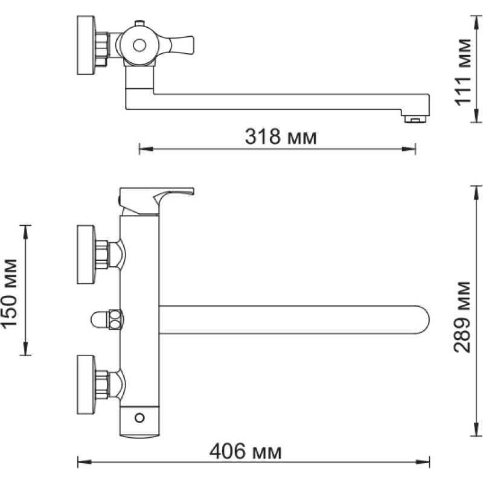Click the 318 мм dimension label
point(281,136)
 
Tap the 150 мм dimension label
point(9,294)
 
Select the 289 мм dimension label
point(462,316)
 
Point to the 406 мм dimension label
point(245,451)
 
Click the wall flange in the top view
point(86,45)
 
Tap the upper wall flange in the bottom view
point(86,254)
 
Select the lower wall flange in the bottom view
point(86,385)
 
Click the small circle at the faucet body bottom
point(139,418)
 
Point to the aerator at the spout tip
point(415,119)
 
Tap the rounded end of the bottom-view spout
point(422,319)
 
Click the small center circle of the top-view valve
point(139,46)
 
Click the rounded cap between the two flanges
point(99,319)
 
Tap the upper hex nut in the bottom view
point(102,254)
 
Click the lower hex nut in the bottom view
point(102,385)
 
